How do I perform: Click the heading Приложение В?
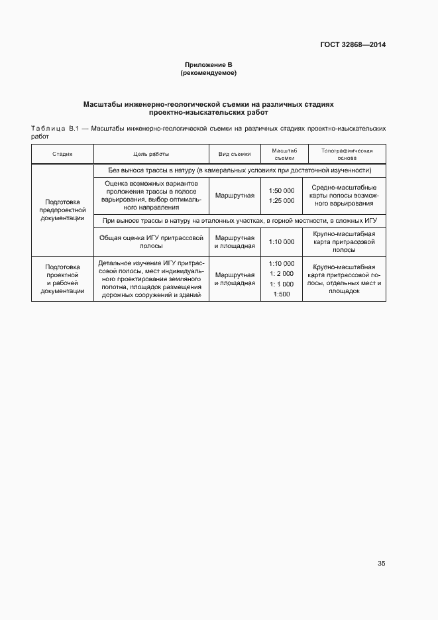[x=209, y=64]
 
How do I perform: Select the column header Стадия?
[x=62, y=154]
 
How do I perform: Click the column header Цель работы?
[x=151, y=154]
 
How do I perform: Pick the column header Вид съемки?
[x=235, y=154]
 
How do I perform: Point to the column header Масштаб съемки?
[x=284, y=154]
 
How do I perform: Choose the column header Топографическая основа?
[x=347, y=154]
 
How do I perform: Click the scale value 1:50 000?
[x=282, y=191]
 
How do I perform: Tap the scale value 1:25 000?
[x=282, y=200]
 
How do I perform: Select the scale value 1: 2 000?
[x=281, y=274]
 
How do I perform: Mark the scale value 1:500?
[x=282, y=294]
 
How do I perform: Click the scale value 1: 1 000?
[x=281, y=284]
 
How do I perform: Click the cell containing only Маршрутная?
[x=235, y=196]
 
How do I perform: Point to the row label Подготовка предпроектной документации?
[x=62, y=210]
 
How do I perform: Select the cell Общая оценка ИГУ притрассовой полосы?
[x=151, y=241]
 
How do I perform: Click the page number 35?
[x=381, y=563]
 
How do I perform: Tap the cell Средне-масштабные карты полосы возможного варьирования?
[x=345, y=196]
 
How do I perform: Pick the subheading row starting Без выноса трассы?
[x=239, y=170]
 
